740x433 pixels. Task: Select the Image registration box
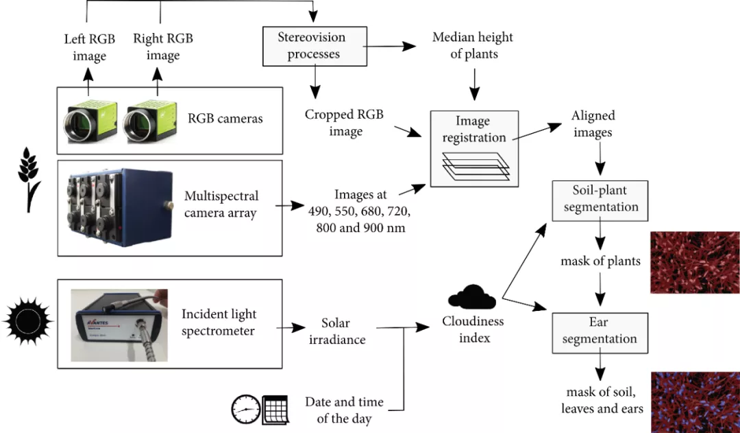pyautogui.click(x=473, y=148)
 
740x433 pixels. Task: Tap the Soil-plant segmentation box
pyautogui.click(x=600, y=199)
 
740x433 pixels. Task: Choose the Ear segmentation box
pyautogui.click(x=600, y=331)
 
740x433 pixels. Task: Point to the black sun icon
pyautogui.click(x=28, y=320)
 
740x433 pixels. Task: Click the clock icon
pyautogui.click(x=246, y=410)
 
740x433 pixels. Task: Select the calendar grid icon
pyautogui.click(x=275, y=410)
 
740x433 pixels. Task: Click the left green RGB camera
pyautogui.click(x=88, y=121)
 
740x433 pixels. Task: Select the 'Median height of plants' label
pyautogui.click(x=473, y=45)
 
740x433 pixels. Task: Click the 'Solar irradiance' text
pyautogui.click(x=343, y=331)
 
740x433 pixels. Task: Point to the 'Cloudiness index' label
pyautogui.click(x=473, y=329)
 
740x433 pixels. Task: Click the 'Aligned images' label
pyautogui.click(x=593, y=124)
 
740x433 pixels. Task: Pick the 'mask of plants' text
pyautogui.click(x=600, y=261)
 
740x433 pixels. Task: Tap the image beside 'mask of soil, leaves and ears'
pyautogui.click(x=694, y=401)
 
